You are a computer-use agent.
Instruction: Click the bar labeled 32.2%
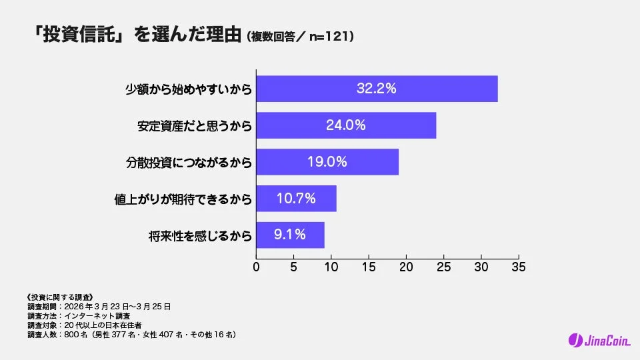click(377, 89)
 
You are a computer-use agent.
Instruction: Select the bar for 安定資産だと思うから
click(346, 125)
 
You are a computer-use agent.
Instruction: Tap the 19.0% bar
click(327, 162)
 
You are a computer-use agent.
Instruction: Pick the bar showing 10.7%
click(297, 199)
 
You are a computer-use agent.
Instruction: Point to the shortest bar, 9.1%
click(290, 235)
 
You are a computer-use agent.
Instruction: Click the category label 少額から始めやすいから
click(189, 89)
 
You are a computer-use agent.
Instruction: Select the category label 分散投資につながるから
click(189, 162)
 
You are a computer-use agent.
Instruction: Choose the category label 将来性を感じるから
click(200, 235)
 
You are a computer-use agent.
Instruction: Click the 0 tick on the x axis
click(257, 267)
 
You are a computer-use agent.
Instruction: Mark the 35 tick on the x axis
click(518, 267)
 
